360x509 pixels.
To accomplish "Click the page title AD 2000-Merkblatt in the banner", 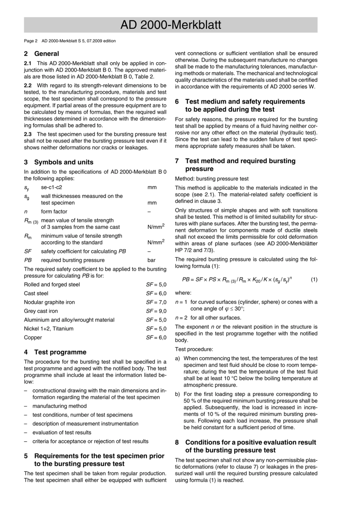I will coord(171,25).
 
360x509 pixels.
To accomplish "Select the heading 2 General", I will coord(41,54).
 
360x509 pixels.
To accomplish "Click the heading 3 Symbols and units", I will coord(58,162).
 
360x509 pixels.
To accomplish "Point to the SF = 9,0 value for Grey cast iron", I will coord(156,311).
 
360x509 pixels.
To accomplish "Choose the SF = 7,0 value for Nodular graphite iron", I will coord(156,302).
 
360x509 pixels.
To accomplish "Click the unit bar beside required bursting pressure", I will coord(152,260).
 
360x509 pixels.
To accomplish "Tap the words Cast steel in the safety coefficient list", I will coord(36,294).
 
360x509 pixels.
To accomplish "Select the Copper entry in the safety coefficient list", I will coord(33,337).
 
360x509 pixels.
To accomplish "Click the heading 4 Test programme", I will coord(55,352).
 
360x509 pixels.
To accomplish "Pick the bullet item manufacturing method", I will coord(59,406).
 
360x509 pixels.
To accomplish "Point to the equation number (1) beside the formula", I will coord(314,280).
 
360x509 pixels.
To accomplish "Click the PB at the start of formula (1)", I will coord(186,280).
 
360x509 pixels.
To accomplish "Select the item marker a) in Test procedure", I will coord(177,358).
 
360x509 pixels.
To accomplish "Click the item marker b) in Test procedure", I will coord(177,394).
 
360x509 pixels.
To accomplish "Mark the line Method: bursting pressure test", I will coord(211,179).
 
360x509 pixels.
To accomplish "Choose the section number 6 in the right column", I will coord(177,101).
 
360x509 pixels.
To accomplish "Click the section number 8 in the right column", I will coord(177,442).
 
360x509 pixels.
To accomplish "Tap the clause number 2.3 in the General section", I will coord(28,134).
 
